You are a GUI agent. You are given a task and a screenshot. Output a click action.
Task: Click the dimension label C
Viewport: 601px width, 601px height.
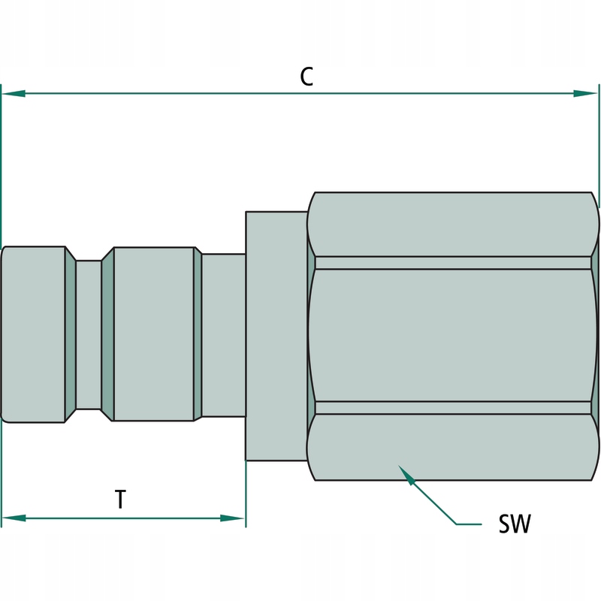click(x=306, y=76)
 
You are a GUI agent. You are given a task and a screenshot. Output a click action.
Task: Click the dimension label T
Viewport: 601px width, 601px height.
click(x=120, y=500)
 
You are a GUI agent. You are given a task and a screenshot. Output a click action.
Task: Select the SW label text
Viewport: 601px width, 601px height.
click(x=515, y=524)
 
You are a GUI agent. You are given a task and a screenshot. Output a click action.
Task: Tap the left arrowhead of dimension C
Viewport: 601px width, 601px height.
click(x=14, y=94)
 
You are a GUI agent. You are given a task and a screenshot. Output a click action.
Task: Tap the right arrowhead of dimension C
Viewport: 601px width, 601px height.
click(x=586, y=94)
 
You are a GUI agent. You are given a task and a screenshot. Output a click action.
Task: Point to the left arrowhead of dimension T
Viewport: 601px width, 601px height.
click(x=14, y=518)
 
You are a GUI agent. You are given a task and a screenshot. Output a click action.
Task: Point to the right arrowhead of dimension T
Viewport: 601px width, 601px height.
click(x=233, y=518)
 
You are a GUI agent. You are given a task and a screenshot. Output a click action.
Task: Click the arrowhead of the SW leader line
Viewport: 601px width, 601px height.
click(x=406, y=474)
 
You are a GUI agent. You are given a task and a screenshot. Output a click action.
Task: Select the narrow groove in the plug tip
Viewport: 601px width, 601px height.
click(x=89, y=335)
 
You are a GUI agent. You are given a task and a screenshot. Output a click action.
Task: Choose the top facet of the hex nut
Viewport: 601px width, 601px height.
click(x=455, y=225)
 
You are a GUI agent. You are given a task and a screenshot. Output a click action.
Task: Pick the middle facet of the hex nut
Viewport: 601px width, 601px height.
click(x=455, y=336)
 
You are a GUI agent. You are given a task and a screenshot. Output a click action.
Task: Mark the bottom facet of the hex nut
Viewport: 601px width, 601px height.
click(x=455, y=446)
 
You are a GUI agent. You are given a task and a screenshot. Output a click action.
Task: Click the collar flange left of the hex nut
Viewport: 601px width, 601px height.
click(x=276, y=335)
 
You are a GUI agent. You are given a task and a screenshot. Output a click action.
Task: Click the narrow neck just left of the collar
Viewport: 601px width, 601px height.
click(x=224, y=335)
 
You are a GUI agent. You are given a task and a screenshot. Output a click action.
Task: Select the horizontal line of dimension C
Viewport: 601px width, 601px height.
click(x=188, y=94)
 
